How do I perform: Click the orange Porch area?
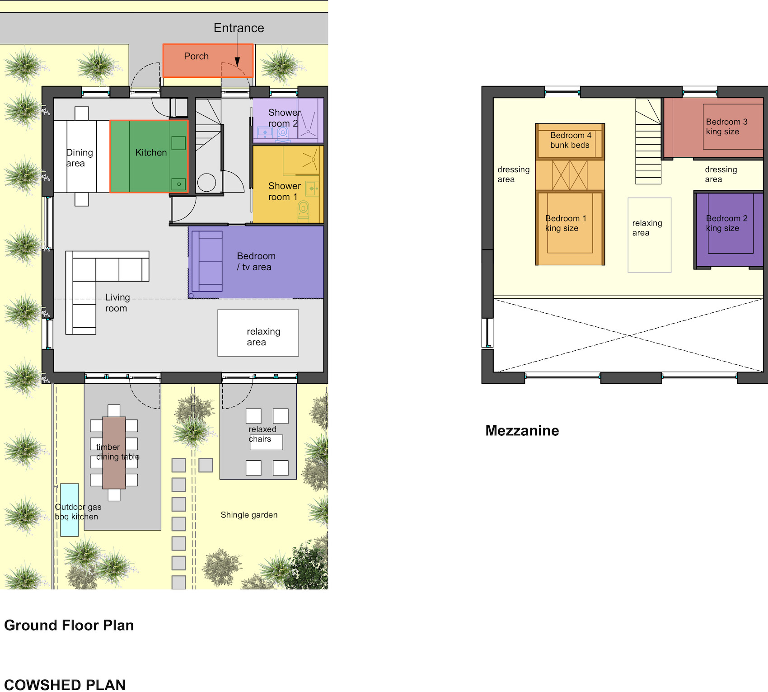pyautogui.click(x=208, y=61)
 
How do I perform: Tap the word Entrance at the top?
pyautogui.click(x=239, y=28)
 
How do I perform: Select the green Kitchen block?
pyautogui.click(x=149, y=156)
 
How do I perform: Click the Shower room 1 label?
pyautogui.click(x=284, y=192)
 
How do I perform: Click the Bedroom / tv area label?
pyautogui.click(x=256, y=262)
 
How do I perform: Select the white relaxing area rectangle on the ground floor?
pyautogui.click(x=258, y=333)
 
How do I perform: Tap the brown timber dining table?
pyautogui.click(x=114, y=453)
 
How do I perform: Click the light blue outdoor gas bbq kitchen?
pyautogui.click(x=70, y=510)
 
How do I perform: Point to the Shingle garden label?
pyautogui.click(x=249, y=515)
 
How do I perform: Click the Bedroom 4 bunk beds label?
pyautogui.click(x=570, y=140)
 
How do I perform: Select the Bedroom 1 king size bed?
pyautogui.click(x=570, y=228)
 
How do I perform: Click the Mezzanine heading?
pyautogui.click(x=522, y=430)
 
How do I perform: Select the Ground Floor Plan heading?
pyautogui.click(x=69, y=625)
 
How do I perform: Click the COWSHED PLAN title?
pyautogui.click(x=65, y=685)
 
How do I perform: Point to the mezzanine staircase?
pyautogui.click(x=648, y=141)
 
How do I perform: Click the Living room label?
pyautogui.click(x=117, y=303)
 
